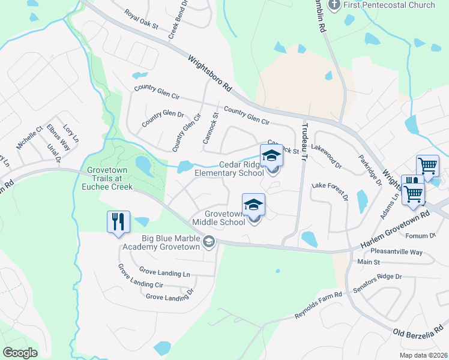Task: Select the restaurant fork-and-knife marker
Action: pyautogui.click(x=118, y=222)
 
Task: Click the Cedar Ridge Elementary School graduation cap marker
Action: pyautogui.click(x=271, y=155)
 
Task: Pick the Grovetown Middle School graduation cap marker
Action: pyautogui.click(x=253, y=205)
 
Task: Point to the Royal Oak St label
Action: pyautogui.click(x=141, y=20)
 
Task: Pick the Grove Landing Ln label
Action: pyautogui.click(x=164, y=272)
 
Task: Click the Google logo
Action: pyautogui.click(x=20, y=353)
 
